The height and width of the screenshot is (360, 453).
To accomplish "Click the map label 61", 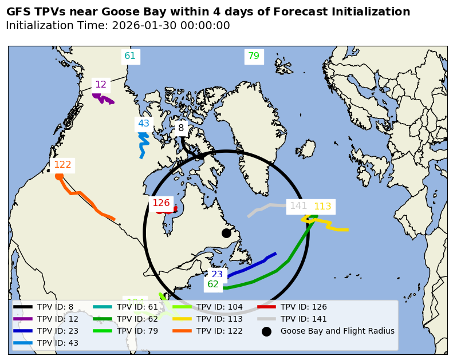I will point(130,56).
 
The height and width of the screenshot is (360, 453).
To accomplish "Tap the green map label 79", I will point(253,56).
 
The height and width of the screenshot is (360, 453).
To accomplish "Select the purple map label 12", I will point(101,85).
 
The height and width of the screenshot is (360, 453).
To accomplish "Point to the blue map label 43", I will point(143,124).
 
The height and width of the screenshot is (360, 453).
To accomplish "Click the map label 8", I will point(181,128).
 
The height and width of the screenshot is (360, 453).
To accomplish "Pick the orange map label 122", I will point(62,165).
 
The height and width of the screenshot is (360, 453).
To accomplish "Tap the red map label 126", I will point(161,203).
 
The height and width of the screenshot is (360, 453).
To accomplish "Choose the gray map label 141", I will point(298,206).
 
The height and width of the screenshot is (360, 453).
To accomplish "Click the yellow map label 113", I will point(322,207).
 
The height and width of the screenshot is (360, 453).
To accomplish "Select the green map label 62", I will point(213,284).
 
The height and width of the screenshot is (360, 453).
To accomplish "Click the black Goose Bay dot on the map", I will point(226,233).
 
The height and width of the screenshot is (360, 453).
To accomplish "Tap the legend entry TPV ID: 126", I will point(304,307).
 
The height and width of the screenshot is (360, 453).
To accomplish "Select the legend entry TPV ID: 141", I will point(304,319).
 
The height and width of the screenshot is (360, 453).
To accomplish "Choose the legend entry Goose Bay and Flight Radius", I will point(337,331).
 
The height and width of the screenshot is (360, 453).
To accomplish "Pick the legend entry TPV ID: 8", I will point(55,307).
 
